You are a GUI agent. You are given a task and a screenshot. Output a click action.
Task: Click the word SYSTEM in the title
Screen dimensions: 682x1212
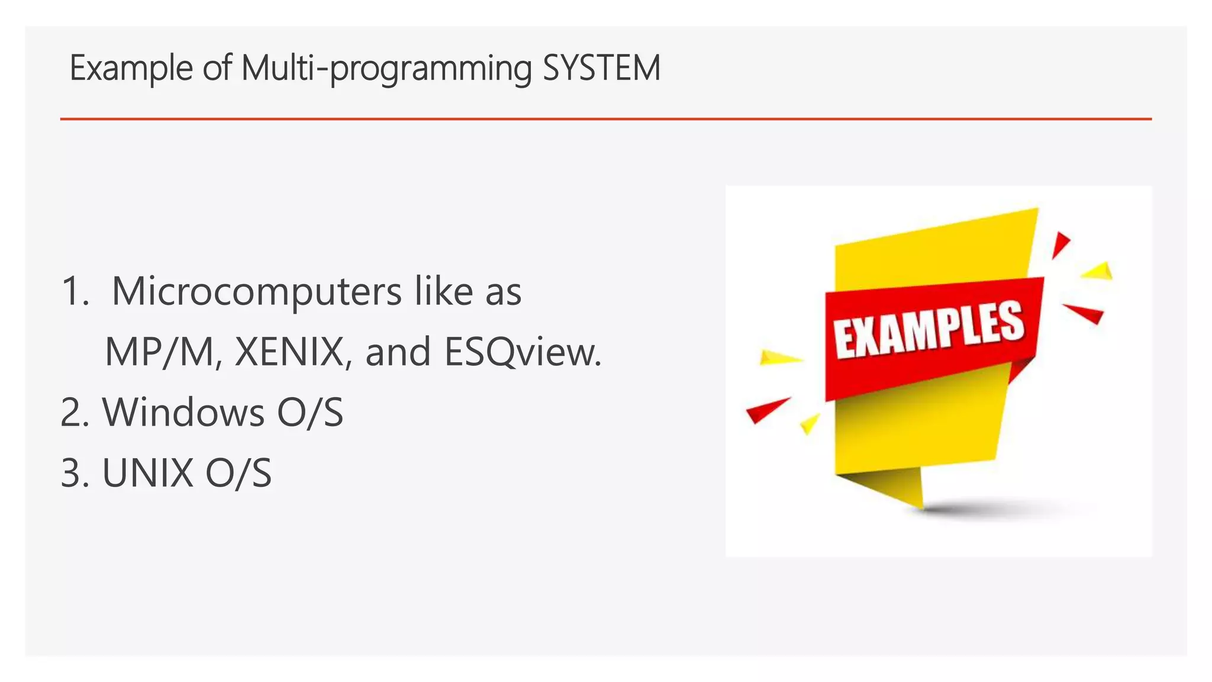pyautogui.click(x=601, y=68)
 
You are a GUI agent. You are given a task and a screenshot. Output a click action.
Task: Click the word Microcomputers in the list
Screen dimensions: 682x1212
pyautogui.click(x=257, y=291)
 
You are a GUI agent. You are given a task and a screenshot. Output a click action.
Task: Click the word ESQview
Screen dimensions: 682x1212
pyautogui.click(x=522, y=352)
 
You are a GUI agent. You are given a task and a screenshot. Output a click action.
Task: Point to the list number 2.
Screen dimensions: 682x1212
pyautogui.click(x=74, y=412)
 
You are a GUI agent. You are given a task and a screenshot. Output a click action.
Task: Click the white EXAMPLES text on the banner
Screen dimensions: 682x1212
pyautogui.click(x=929, y=329)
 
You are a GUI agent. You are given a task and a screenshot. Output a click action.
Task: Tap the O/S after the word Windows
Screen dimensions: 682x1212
pyautogui.click(x=310, y=412)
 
